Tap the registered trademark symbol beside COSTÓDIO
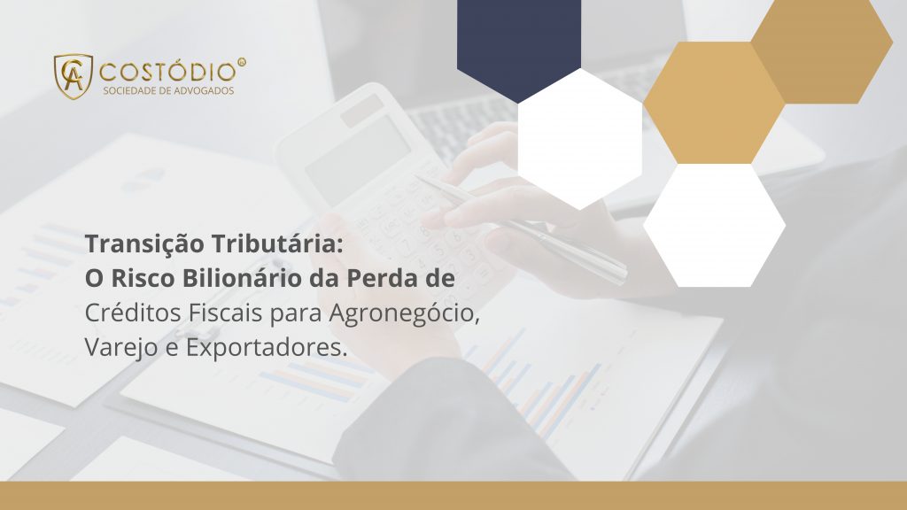(242, 63)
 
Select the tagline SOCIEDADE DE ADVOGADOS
(168, 90)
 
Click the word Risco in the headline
(138, 278)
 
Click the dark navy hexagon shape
(519, 40)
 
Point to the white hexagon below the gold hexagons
(714, 225)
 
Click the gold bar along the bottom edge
(453, 496)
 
